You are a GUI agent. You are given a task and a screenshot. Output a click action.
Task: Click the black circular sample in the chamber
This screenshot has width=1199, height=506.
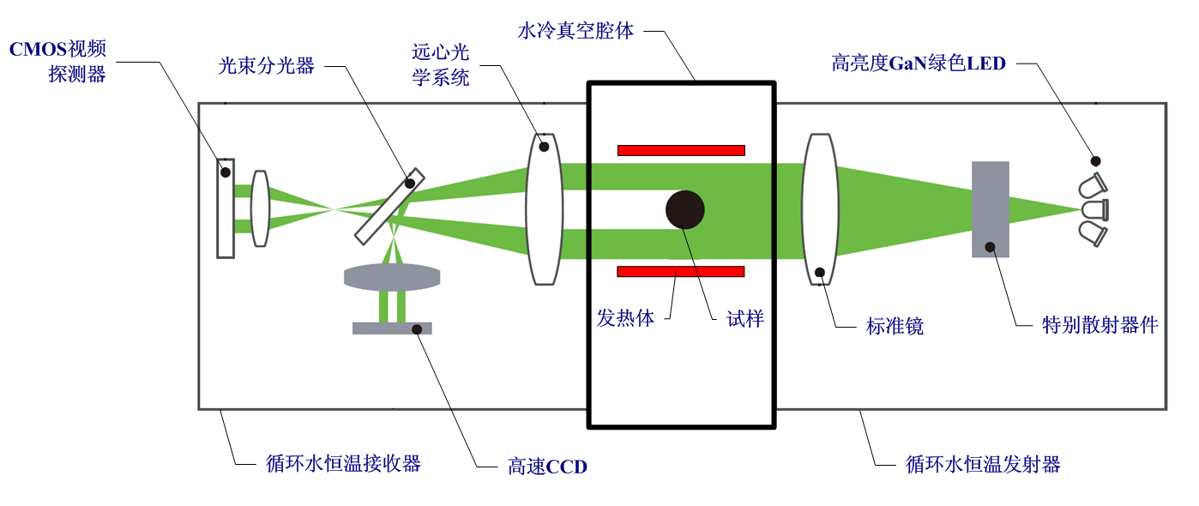[x=685, y=209]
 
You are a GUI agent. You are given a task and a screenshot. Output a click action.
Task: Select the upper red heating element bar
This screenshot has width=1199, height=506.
[x=681, y=150]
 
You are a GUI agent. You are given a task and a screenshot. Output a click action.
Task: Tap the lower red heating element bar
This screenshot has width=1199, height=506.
[x=681, y=272]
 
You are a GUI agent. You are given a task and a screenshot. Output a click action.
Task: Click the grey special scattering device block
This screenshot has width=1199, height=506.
[x=990, y=209]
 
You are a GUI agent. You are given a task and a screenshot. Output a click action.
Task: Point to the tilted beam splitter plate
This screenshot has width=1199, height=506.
[x=389, y=206]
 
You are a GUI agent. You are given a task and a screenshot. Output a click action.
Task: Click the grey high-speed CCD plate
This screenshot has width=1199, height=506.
[x=392, y=328]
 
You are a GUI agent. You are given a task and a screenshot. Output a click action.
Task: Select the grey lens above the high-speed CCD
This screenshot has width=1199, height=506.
[x=392, y=277]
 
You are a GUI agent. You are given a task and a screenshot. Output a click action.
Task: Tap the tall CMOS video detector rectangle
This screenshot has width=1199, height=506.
[x=225, y=208]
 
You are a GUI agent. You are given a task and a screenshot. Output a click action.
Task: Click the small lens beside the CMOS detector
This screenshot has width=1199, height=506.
[x=261, y=208]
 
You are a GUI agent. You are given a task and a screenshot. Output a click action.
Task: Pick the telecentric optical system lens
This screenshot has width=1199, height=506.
[x=544, y=208]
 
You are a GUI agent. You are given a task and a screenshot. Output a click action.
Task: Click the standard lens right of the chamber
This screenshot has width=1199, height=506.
[x=820, y=209]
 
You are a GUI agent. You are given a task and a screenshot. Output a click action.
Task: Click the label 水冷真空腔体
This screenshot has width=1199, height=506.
[x=575, y=32]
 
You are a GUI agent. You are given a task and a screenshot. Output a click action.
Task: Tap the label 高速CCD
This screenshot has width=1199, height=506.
[x=547, y=467]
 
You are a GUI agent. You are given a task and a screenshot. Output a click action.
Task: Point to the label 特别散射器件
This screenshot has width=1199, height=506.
[x=1100, y=325]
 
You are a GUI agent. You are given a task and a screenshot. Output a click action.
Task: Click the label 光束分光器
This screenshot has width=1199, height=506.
[x=267, y=66]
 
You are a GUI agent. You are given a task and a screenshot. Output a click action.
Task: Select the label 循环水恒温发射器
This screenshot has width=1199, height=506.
[x=983, y=465]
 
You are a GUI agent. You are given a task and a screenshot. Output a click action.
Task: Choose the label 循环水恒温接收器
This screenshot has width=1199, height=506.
[x=343, y=464]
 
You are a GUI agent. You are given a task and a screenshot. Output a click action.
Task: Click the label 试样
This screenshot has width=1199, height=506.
[x=744, y=319]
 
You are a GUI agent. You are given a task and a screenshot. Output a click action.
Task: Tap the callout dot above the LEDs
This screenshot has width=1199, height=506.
[x=1095, y=160]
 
